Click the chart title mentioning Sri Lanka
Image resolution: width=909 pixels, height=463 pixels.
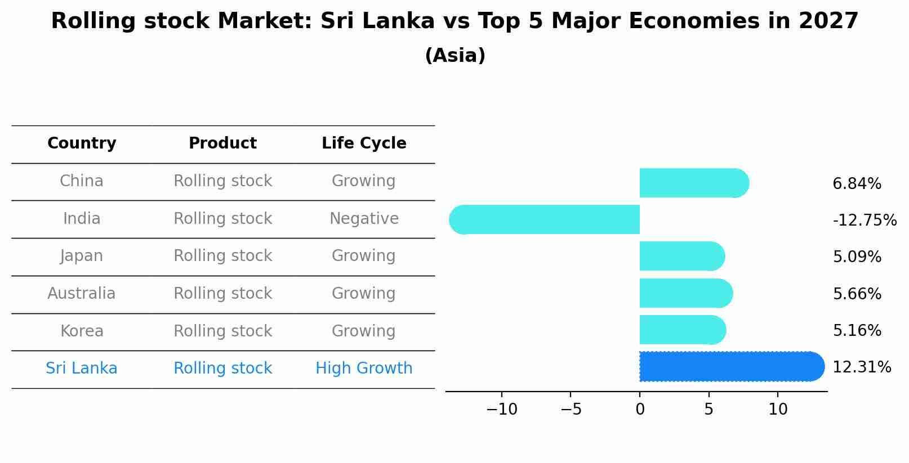[454, 21]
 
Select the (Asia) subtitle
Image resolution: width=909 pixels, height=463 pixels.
[454, 56]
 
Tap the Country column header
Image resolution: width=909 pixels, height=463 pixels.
[82, 143]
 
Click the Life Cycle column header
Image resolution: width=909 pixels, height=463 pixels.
[364, 143]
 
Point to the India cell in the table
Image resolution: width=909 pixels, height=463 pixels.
[82, 219]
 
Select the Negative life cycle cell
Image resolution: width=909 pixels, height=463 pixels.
[364, 219]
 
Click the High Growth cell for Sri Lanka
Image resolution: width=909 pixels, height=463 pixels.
[364, 368]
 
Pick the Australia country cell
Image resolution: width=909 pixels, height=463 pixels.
[82, 294]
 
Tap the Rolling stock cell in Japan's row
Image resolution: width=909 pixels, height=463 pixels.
[222, 256]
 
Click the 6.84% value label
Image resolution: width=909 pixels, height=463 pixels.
[857, 184]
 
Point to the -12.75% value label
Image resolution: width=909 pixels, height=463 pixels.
[865, 221]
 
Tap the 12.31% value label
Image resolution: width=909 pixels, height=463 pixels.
[862, 367]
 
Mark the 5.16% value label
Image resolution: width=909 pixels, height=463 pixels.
[857, 331]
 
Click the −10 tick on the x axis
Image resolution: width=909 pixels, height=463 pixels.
[501, 410]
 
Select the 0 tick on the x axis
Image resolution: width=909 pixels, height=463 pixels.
[640, 410]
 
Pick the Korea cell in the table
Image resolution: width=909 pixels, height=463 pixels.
[82, 331]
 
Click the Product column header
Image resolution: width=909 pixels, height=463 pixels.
[222, 143]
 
